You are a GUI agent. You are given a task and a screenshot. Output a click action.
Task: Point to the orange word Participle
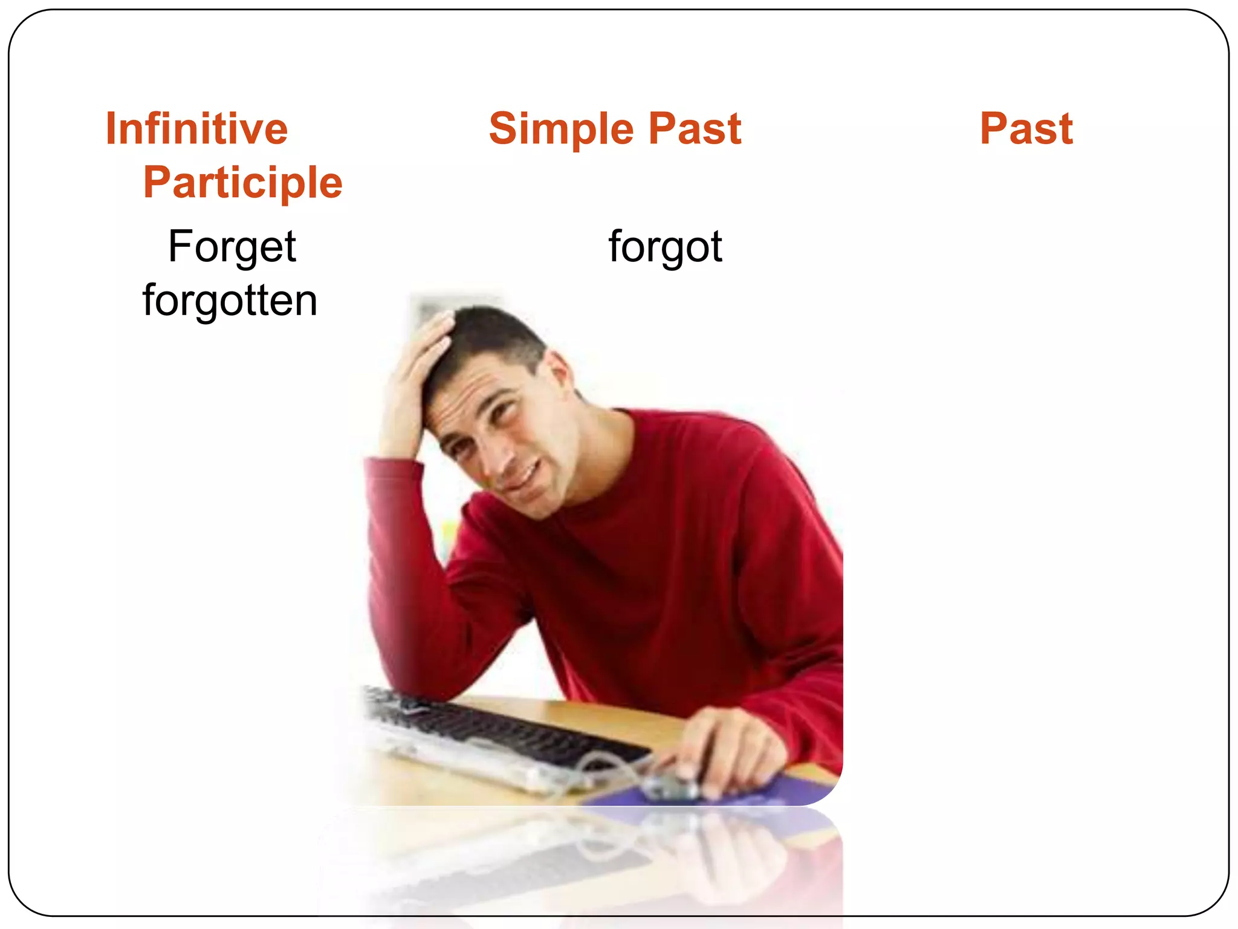[x=242, y=183]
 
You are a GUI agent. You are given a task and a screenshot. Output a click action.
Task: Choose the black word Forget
[x=232, y=247]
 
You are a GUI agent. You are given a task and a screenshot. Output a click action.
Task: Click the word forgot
[x=665, y=247]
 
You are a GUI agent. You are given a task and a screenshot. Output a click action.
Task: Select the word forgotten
[x=230, y=301]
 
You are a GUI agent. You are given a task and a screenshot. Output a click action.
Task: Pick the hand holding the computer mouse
[x=725, y=750]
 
